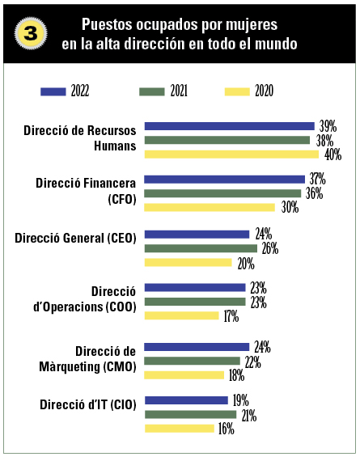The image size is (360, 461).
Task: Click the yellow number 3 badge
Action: click(31, 33)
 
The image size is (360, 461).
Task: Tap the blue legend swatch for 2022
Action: click(53, 91)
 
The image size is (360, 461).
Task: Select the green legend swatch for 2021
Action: click(152, 91)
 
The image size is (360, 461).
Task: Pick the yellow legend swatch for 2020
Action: click(237, 91)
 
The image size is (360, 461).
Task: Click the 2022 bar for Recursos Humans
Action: click(230, 126)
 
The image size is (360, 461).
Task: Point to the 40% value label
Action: click(333, 154)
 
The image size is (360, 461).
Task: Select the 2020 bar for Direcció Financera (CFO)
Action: click(210, 208)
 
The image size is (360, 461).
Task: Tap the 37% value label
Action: click(317, 179)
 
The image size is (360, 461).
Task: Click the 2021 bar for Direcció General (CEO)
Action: click(201, 249)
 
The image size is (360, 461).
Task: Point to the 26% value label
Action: click(270, 249)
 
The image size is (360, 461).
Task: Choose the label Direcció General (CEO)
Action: click(75, 238)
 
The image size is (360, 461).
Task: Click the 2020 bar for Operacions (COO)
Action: click(182, 315)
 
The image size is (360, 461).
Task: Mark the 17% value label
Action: click(231, 316)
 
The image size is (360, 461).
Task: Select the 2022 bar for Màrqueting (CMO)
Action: click(197, 347)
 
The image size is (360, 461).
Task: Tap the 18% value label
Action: click(236, 376)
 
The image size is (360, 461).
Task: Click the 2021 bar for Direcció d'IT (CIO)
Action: click(191, 415)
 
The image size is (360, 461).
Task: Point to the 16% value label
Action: click(227, 429)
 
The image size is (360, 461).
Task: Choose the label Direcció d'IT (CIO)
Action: click(88, 405)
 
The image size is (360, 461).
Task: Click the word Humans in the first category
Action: click(115, 146)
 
